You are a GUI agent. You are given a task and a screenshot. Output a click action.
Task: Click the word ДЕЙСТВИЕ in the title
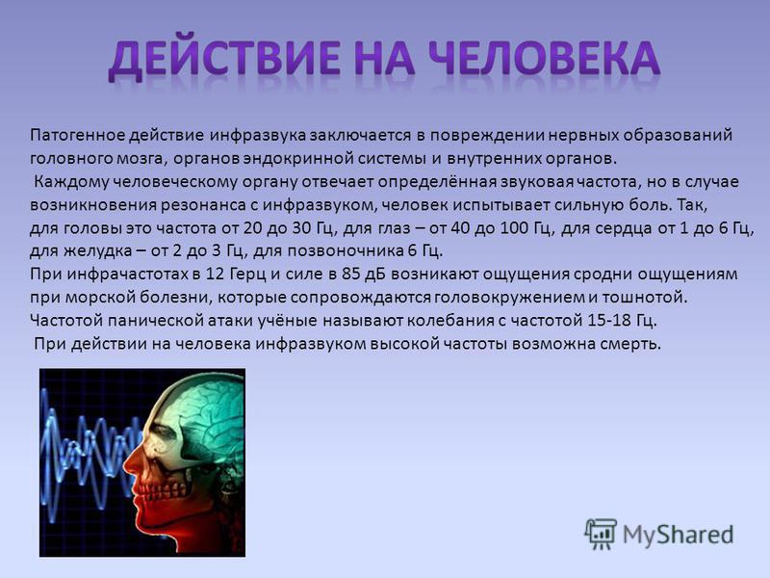pyautogui.click(x=223, y=59)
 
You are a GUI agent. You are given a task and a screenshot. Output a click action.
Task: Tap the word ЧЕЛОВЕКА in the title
pyautogui.click(x=543, y=58)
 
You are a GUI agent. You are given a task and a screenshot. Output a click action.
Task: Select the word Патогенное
pyautogui.click(x=78, y=135)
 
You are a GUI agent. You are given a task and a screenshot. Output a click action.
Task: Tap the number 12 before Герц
pyautogui.click(x=215, y=275)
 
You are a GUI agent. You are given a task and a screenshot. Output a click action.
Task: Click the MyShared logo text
pyautogui.click(x=679, y=535)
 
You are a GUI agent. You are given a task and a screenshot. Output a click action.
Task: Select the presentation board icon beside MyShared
pyautogui.click(x=600, y=534)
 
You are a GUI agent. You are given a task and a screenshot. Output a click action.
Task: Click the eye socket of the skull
pyautogui.click(x=165, y=433)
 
